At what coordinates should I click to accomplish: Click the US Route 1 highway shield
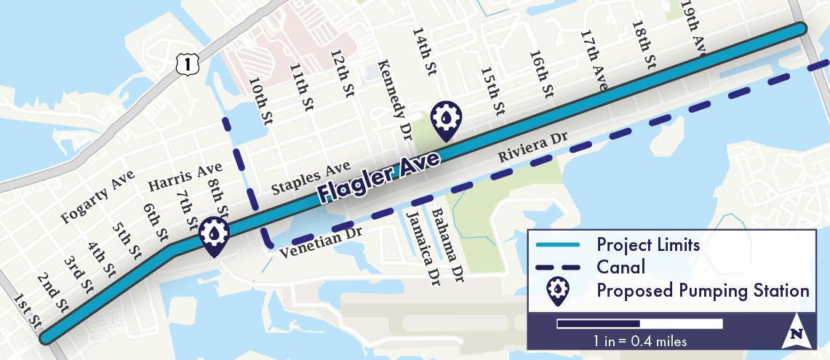[188, 64]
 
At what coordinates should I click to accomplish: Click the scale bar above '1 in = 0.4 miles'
[639, 324]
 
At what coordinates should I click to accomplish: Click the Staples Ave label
[311, 178]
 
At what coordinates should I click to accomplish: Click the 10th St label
[258, 103]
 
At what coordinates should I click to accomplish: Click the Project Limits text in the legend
[648, 244]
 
